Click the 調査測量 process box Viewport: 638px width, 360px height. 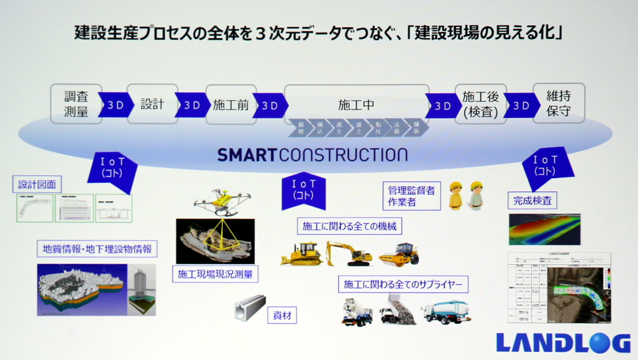75,103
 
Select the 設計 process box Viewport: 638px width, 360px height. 152,103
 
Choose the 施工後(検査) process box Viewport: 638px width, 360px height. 480,104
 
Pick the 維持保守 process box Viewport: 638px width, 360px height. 559,103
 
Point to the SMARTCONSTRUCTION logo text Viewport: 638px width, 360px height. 312,155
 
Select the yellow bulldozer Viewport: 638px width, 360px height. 301,254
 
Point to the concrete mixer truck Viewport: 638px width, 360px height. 356,311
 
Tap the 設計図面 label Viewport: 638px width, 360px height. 37,185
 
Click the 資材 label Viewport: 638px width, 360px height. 282,315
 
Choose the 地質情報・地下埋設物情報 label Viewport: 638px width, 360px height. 97,248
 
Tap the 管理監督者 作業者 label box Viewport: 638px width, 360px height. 410,196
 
